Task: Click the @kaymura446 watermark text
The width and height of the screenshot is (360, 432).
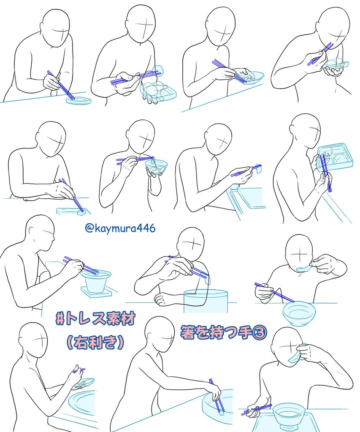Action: click(120, 228)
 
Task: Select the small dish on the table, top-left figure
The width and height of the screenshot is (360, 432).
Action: click(78, 100)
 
